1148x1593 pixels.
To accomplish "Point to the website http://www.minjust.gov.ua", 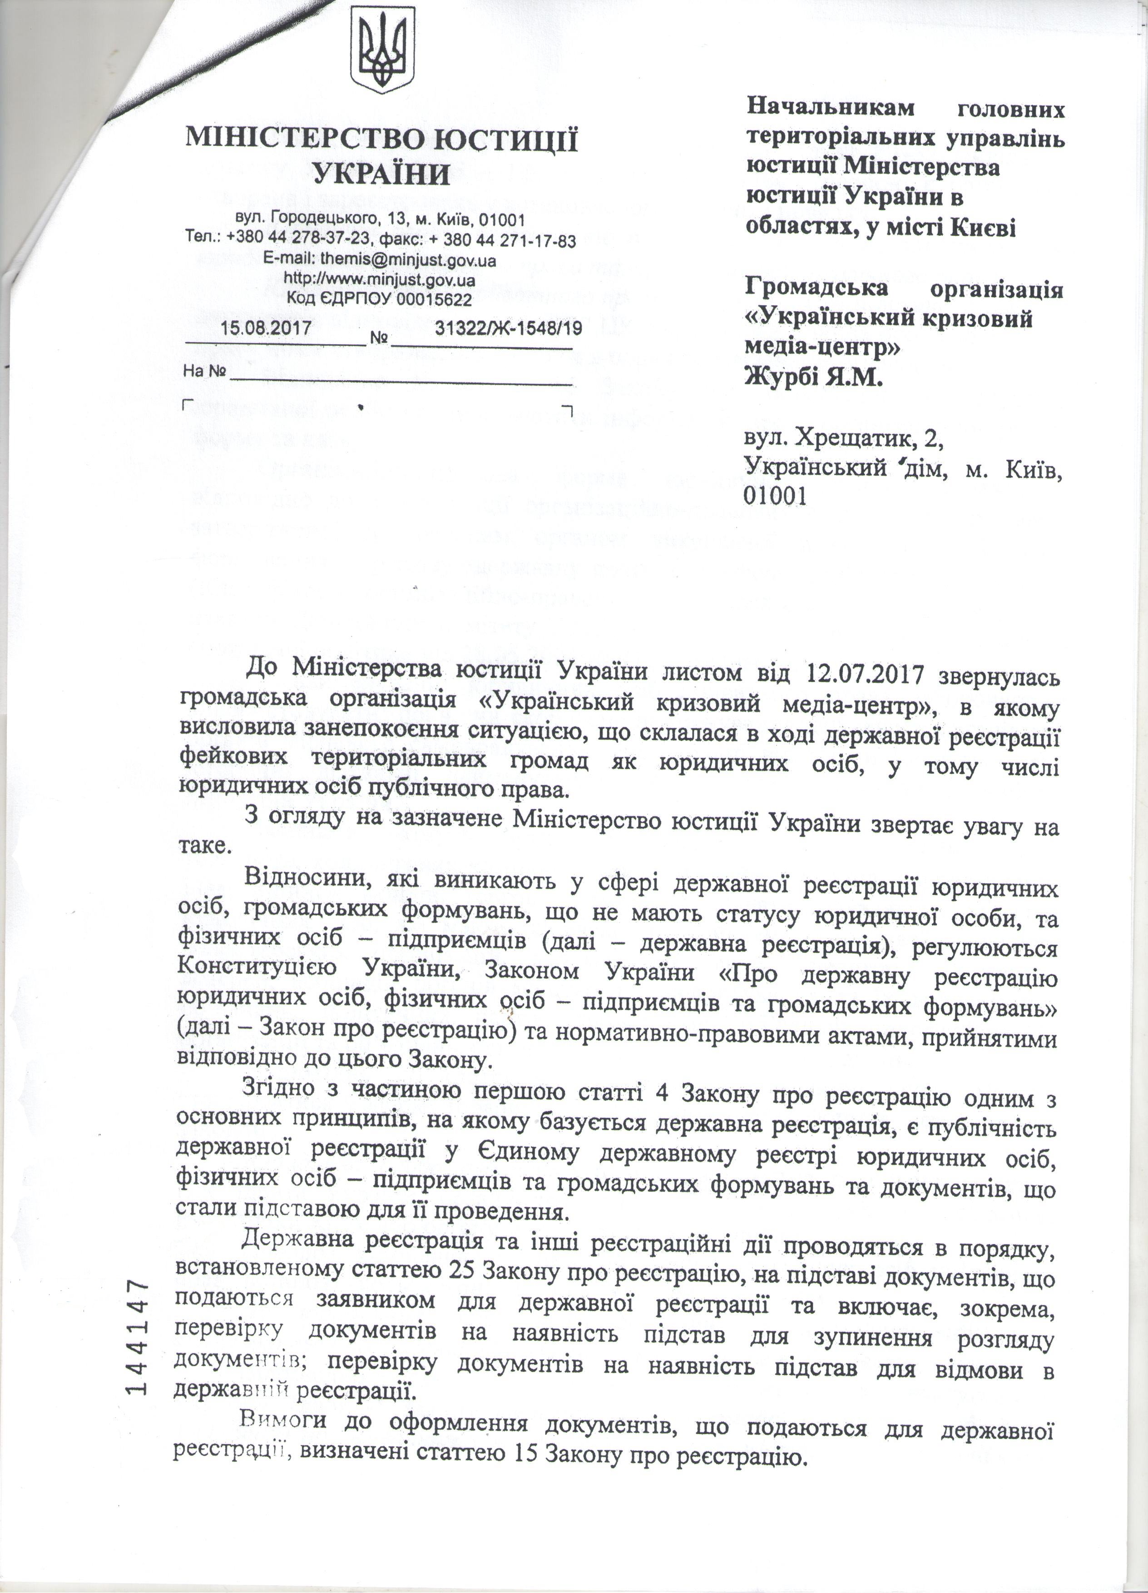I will [380, 279].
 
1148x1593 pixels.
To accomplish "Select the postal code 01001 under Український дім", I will [774, 496].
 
